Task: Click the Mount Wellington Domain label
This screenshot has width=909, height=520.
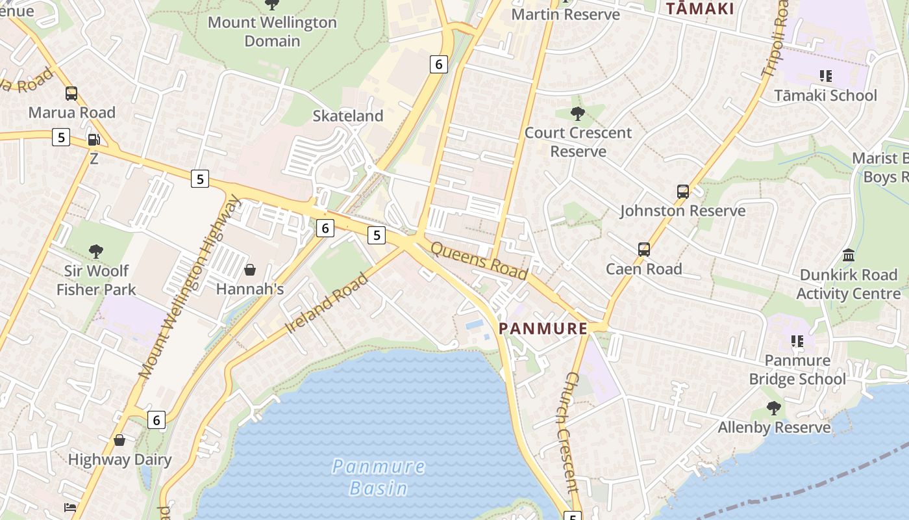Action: tap(272, 31)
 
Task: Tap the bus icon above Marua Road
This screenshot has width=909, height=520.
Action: tap(71, 94)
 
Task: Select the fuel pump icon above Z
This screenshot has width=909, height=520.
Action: tap(93, 140)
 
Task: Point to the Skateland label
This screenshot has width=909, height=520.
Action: tap(348, 116)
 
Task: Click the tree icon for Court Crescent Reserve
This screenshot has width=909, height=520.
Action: tap(577, 114)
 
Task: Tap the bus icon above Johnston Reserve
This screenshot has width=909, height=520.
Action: tap(682, 192)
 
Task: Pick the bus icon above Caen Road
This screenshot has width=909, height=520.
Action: tap(643, 250)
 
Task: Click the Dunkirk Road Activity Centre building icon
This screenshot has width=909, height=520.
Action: tap(848, 255)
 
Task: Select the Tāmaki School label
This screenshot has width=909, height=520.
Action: tap(825, 96)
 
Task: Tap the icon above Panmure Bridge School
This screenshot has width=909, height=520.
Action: tap(797, 341)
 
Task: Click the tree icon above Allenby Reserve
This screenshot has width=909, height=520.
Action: tap(773, 408)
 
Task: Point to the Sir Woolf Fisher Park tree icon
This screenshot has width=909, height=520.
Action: tap(96, 251)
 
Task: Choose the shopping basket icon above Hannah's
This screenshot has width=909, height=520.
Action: tap(250, 270)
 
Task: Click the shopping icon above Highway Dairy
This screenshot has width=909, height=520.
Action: tap(119, 441)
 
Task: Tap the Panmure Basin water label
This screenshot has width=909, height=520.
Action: tap(379, 477)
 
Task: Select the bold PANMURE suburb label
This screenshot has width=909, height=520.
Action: tap(543, 328)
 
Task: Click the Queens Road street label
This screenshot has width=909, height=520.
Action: tap(479, 261)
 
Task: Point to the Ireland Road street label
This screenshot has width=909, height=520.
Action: tap(327, 303)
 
